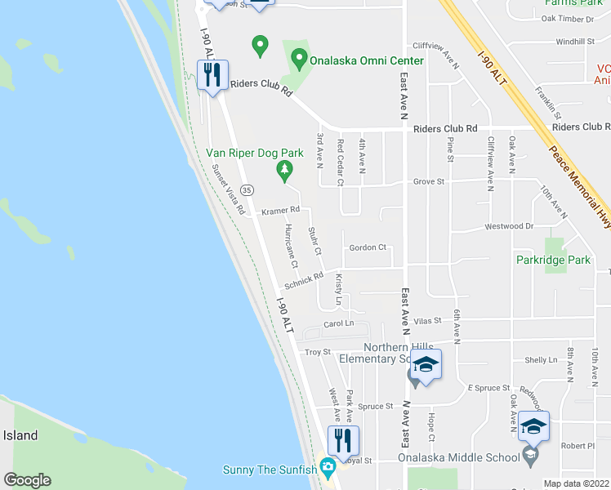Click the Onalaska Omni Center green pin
point(299,60)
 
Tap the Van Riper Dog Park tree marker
point(284,171)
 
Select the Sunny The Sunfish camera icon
point(328,468)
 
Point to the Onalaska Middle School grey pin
point(531,457)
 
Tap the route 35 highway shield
point(248,189)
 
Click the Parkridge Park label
point(553,261)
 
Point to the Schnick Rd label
point(304,281)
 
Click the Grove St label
point(428,181)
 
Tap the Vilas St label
point(427,322)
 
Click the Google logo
point(28,480)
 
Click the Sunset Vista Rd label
point(230,189)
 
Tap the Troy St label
point(317,352)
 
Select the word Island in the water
point(20,435)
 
